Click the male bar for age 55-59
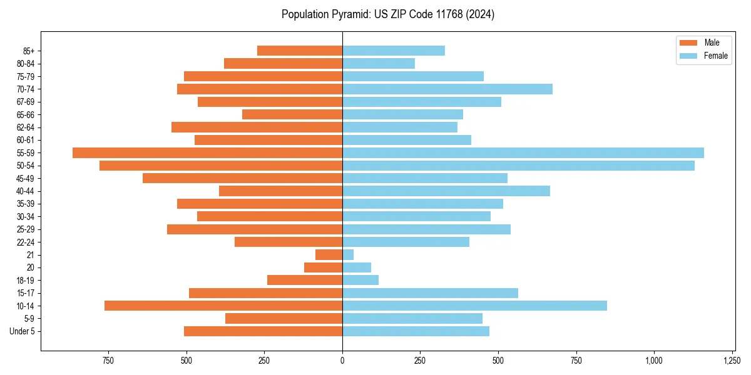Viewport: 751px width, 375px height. point(207,152)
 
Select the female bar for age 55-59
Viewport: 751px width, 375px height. point(523,152)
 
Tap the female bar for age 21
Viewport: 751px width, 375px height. point(348,254)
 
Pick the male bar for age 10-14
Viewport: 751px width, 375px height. point(223,306)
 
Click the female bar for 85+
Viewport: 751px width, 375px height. point(394,51)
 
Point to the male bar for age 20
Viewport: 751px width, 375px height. point(324,267)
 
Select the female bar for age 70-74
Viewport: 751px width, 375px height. point(447,89)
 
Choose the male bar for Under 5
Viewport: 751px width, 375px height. point(263,331)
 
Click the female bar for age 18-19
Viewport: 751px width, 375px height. point(360,280)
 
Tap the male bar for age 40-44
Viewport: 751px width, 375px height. point(280,191)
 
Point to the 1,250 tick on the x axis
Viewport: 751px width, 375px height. point(732,361)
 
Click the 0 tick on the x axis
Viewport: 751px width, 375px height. point(342,361)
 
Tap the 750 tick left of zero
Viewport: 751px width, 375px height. point(108,361)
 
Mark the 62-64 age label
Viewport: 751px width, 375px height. point(26,127)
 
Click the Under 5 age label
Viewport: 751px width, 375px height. point(23,331)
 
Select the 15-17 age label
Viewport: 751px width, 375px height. point(26,293)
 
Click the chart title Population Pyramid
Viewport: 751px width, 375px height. point(388,14)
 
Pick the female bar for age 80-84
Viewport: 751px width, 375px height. point(379,63)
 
